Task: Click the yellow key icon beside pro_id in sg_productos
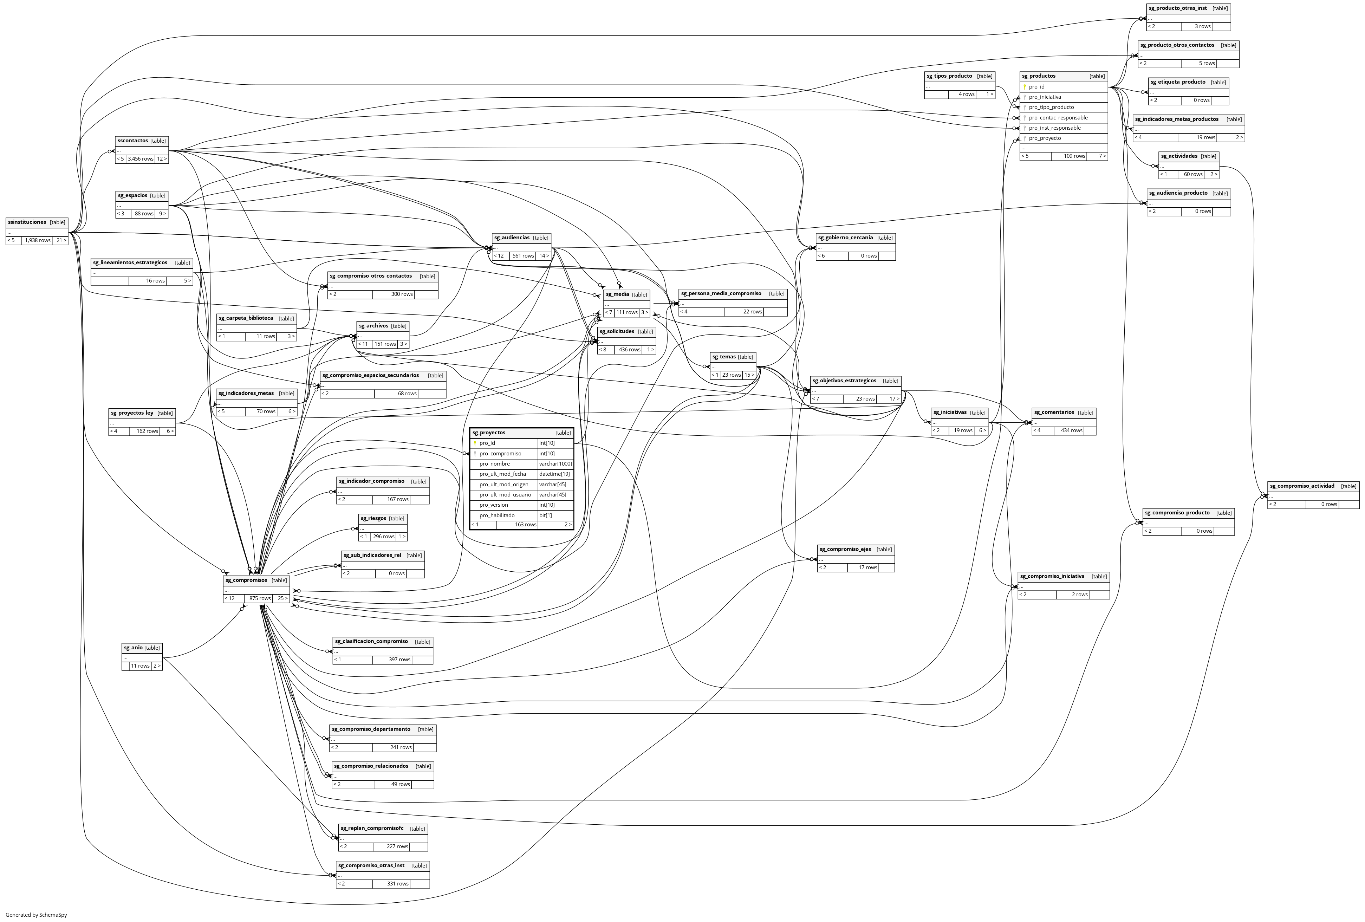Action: [1024, 87]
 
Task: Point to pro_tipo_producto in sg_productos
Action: [1051, 108]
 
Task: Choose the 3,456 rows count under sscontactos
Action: [141, 159]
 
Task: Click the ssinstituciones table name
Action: [27, 222]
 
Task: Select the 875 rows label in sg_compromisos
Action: [260, 598]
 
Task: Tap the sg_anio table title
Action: [133, 648]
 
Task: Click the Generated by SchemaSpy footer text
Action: [37, 915]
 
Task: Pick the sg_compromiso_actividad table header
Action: [1301, 486]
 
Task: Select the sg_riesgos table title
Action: [373, 519]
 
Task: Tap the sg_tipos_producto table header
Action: [949, 76]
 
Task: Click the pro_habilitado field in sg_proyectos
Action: [496, 515]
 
